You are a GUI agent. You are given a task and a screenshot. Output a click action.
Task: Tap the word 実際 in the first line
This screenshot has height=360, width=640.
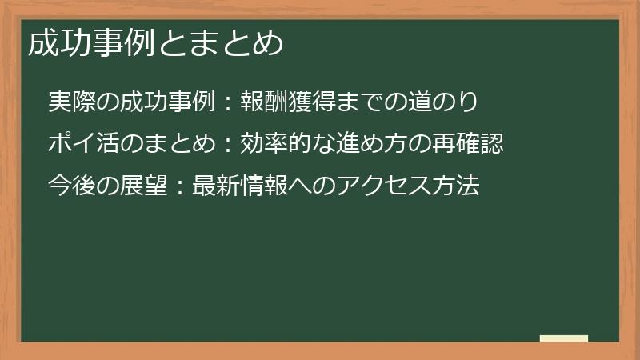[71, 102]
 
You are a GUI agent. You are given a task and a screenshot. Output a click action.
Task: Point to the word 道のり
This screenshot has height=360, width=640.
[445, 102]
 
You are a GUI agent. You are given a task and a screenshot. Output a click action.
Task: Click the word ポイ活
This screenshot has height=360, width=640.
[83, 144]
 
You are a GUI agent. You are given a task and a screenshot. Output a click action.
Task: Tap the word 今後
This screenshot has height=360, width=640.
[71, 186]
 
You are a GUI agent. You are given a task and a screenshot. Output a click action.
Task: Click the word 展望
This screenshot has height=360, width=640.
[144, 186]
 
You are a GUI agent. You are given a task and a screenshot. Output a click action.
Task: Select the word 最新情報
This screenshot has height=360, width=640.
[239, 186]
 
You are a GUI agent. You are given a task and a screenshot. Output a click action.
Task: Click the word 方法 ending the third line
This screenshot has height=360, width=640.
[455, 186]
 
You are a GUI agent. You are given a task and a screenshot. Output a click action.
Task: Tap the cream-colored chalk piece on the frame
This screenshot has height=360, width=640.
[563, 338]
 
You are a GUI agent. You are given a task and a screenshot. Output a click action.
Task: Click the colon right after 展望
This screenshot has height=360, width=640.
[180, 188]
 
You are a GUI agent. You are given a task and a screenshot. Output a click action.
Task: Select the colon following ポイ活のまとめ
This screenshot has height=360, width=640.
[227, 146]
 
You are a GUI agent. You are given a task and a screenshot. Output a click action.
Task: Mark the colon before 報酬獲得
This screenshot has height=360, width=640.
[227, 103]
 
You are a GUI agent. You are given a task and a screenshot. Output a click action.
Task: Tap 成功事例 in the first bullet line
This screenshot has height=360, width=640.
[167, 102]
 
